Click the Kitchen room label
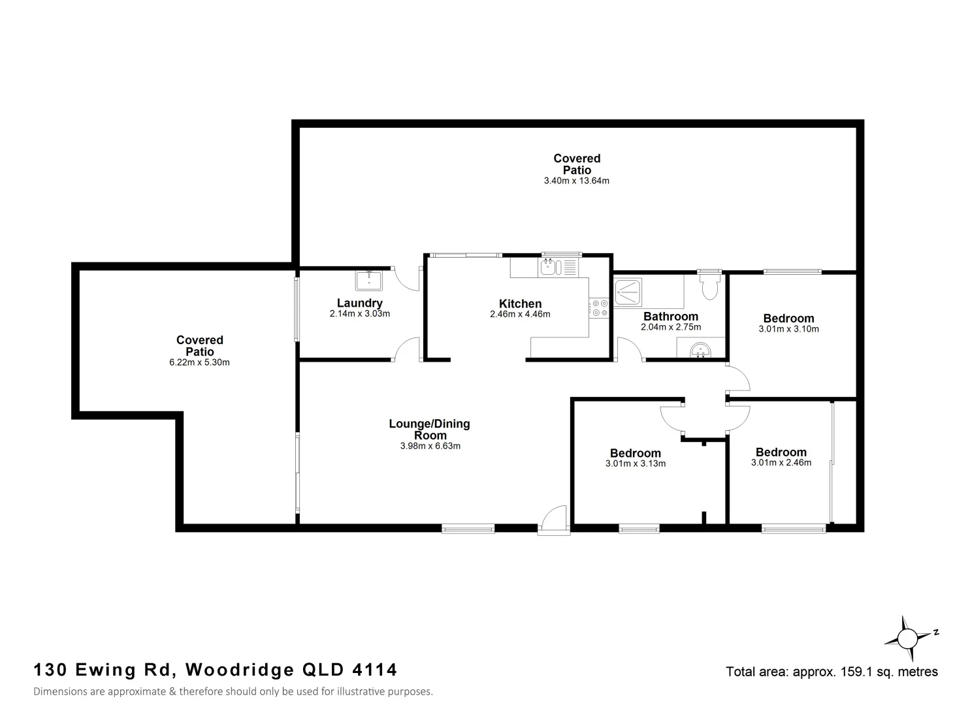click(520, 304)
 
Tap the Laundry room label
click(359, 303)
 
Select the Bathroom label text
click(671, 317)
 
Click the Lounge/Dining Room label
click(429, 430)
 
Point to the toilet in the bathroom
click(709, 286)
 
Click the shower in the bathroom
click(628, 292)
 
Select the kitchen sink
click(547, 266)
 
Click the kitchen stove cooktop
click(599, 308)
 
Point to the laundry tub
click(370, 280)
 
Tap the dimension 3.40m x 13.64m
click(576, 181)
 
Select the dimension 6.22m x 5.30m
click(199, 362)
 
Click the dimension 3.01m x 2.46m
click(781, 463)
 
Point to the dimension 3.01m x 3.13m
click(635, 464)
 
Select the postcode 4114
click(374, 670)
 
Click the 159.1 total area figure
click(853, 672)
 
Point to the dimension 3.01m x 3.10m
click(788, 329)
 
